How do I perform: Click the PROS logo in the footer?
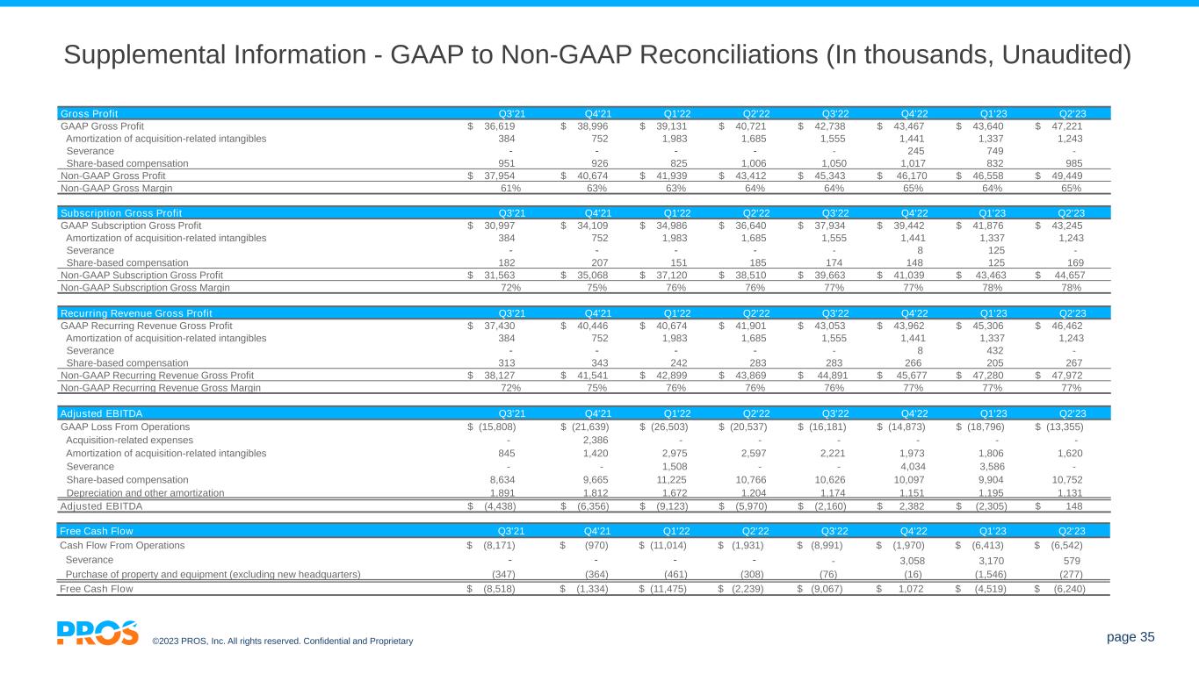(98, 633)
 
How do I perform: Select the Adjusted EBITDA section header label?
(101, 413)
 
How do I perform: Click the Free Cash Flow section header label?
(96, 531)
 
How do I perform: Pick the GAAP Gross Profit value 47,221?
(1067, 125)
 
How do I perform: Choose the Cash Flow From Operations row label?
(122, 545)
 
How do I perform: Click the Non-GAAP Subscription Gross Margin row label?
(145, 287)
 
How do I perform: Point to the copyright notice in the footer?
(282, 642)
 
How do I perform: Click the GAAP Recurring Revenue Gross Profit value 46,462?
(1067, 324)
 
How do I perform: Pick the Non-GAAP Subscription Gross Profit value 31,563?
(498, 275)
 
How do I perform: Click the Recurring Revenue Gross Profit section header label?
(135, 313)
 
